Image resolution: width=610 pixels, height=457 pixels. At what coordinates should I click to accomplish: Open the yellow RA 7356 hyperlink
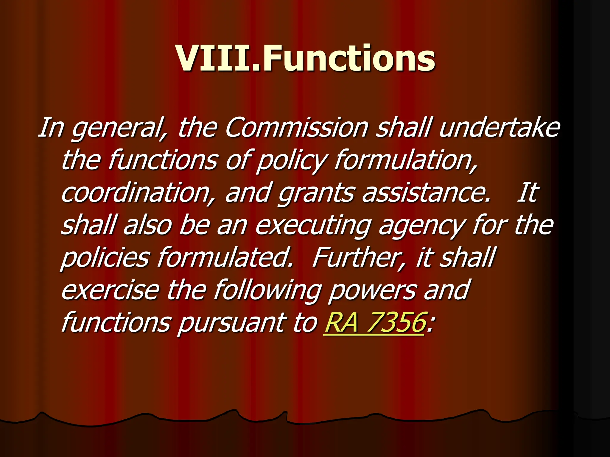pos(374,323)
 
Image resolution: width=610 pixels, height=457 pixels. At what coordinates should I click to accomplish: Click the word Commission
pos(296,128)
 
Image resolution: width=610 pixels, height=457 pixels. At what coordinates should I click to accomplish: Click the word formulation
pos(405,161)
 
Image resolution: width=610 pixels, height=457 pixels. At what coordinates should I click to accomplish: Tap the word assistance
pos(426,193)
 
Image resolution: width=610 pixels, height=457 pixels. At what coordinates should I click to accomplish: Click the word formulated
pos(225,257)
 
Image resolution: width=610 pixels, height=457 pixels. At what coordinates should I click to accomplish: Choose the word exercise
pos(110,290)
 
